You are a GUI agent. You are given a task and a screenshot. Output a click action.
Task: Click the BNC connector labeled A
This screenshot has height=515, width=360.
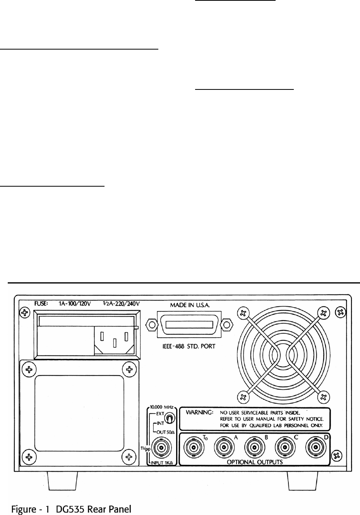click(224, 448)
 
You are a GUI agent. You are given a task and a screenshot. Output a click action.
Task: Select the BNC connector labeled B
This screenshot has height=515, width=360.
click(254, 448)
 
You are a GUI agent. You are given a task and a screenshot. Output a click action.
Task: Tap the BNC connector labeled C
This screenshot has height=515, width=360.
click(284, 448)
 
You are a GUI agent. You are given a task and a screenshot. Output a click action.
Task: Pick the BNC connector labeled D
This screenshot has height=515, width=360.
click(315, 448)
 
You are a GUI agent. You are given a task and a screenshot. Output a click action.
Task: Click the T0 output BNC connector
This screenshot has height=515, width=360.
click(194, 448)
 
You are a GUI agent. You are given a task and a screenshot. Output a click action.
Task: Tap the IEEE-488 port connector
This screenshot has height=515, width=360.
click(189, 323)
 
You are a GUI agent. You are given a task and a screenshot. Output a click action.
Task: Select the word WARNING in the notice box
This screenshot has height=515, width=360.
click(199, 413)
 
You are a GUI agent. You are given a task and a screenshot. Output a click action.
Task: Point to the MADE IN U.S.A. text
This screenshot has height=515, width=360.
click(190, 305)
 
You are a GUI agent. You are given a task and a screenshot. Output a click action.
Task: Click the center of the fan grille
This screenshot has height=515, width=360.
click(282, 354)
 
